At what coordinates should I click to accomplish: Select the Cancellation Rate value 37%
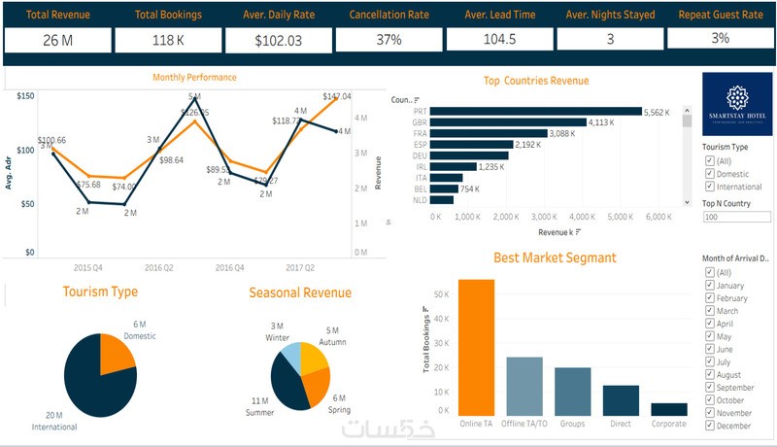click(x=388, y=40)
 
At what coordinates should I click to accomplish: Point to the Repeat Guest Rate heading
click(x=720, y=15)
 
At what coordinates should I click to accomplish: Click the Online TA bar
click(x=476, y=348)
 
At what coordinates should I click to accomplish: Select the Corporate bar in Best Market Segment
click(x=668, y=409)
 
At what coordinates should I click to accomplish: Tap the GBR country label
click(x=420, y=122)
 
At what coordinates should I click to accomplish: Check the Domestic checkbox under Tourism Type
click(x=710, y=173)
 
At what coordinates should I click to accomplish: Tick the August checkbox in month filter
click(x=710, y=374)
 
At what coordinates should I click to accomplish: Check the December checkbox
click(x=710, y=425)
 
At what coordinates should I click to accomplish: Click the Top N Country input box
click(x=735, y=217)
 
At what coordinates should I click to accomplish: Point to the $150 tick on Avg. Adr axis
click(x=25, y=95)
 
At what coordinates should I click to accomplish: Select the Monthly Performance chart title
click(x=194, y=78)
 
